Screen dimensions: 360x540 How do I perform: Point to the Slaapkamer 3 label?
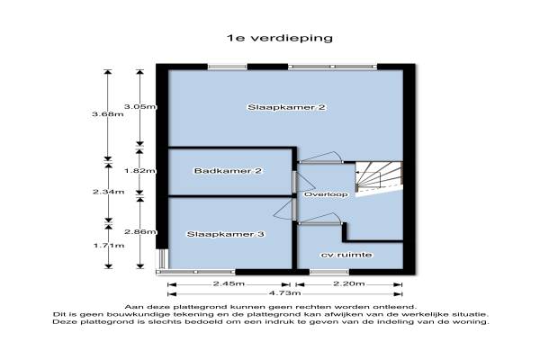click(x=225, y=234)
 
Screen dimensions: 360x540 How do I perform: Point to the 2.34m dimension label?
click(x=106, y=191)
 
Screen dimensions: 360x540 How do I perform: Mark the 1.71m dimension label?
click(x=106, y=245)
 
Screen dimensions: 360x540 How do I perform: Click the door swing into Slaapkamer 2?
click(x=320, y=157)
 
